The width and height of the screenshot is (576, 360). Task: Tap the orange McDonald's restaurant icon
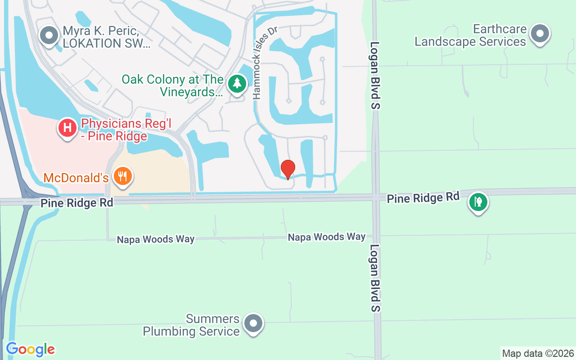click(121, 176)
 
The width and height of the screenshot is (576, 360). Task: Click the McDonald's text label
click(76, 178)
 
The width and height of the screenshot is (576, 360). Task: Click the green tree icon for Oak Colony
click(237, 83)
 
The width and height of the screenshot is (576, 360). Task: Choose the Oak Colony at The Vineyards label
click(173, 86)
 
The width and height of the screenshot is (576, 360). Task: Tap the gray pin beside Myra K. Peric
click(49, 35)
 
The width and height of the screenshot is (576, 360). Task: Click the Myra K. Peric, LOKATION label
click(106, 37)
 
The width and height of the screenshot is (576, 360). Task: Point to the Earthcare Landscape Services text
click(470, 36)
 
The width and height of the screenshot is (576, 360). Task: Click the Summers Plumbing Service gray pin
click(253, 323)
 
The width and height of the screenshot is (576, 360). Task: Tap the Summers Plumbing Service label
click(191, 325)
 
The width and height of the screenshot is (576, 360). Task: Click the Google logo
click(30, 349)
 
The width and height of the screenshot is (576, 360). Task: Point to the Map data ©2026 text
click(538, 353)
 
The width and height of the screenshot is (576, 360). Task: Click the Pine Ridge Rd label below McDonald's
click(76, 203)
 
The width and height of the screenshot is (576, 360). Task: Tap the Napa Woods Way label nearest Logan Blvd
click(327, 237)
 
